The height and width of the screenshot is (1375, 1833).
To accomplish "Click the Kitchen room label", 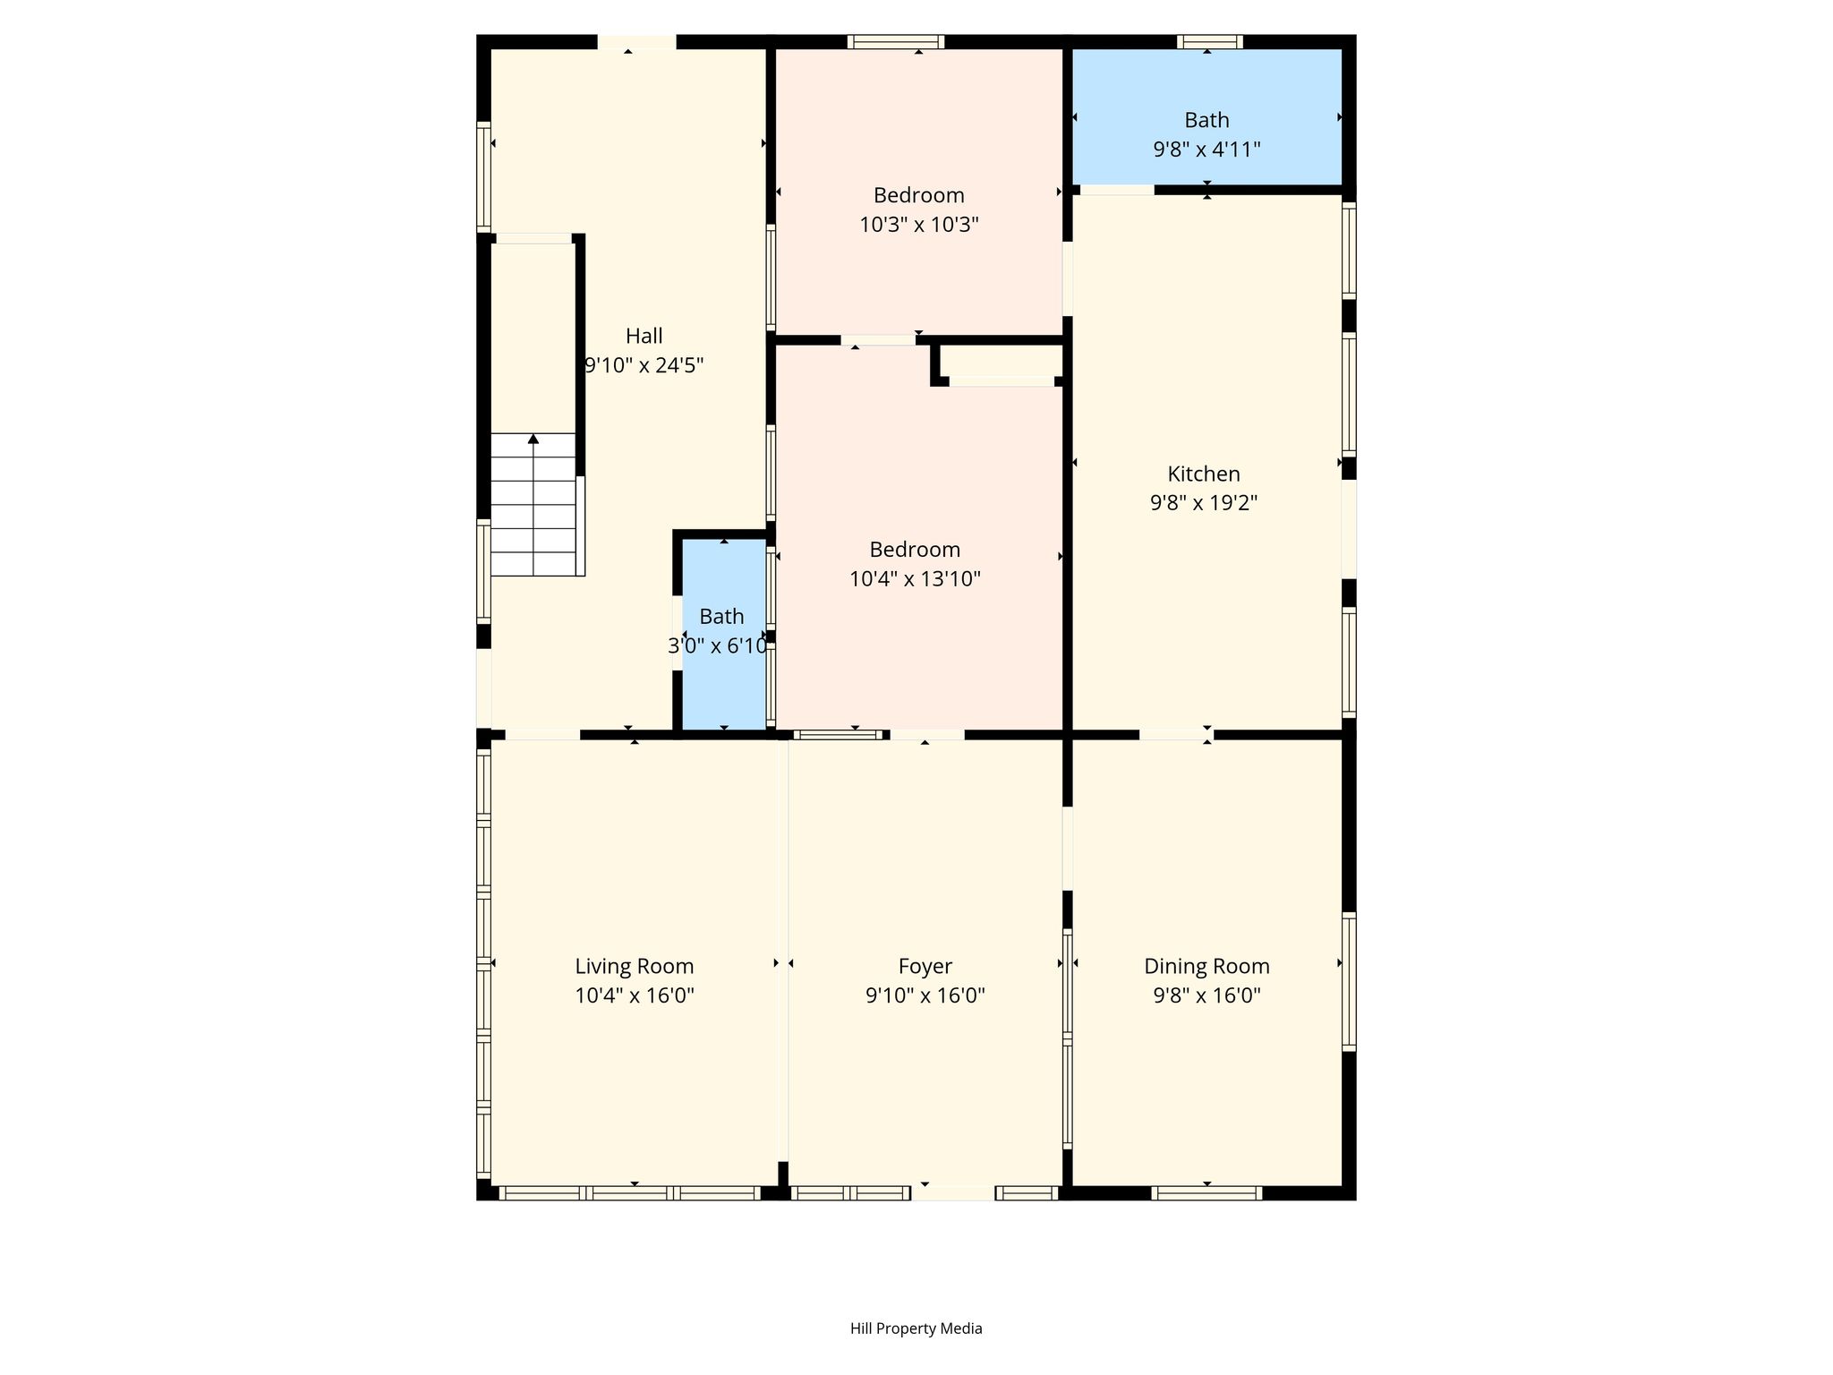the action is pyautogui.click(x=1204, y=474).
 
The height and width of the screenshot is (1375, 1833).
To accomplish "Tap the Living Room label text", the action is pyautogui.click(x=635, y=967).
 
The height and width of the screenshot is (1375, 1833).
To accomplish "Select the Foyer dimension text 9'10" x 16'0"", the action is pyautogui.click(x=925, y=995).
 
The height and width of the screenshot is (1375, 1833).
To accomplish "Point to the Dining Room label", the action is pyautogui.click(x=1206, y=967).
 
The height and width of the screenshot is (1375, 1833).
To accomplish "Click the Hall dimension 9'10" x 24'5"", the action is pyautogui.click(x=644, y=365).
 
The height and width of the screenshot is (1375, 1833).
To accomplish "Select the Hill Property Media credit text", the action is pyautogui.click(x=916, y=1328).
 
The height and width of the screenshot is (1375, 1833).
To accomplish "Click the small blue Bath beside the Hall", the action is pyautogui.click(x=724, y=634).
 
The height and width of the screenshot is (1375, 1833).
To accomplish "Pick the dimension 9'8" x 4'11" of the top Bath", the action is pyautogui.click(x=1206, y=149).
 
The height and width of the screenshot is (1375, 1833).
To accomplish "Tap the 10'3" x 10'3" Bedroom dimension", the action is pyautogui.click(x=919, y=224).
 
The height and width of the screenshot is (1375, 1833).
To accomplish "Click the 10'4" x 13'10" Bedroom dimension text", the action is pyautogui.click(x=915, y=578).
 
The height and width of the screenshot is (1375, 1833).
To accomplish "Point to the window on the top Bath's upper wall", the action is pyautogui.click(x=1210, y=41).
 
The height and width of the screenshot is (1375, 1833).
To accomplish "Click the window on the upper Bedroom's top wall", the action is pyautogui.click(x=896, y=41).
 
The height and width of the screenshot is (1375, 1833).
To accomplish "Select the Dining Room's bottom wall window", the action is pyautogui.click(x=1206, y=1192).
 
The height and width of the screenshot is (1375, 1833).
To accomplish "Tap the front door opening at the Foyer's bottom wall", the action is pyautogui.click(x=953, y=1192).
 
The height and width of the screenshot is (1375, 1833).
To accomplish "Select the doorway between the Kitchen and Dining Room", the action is pyautogui.click(x=1176, y=735).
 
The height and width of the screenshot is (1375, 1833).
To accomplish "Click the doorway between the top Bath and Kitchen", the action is pyautogui.click(x=1117, y=190).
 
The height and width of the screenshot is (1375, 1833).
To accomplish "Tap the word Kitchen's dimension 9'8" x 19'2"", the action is pyautogui.click(x=1204, y=503).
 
